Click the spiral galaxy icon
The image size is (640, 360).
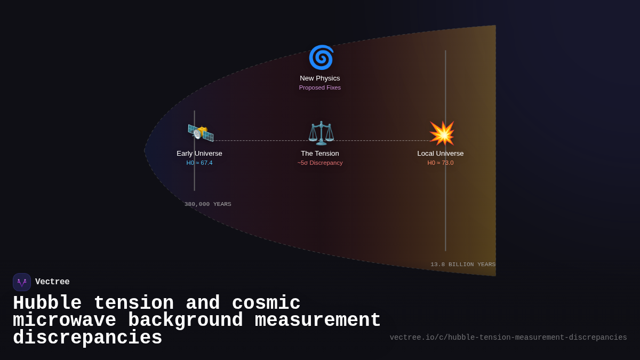(321, 58)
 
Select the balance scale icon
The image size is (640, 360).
(321, 133)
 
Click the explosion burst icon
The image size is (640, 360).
(442, 133)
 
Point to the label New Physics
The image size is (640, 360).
(320, 78)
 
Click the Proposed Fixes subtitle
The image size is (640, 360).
(320, 87)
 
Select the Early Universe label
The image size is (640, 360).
(199, 154)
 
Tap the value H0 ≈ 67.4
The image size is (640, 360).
(199, 163)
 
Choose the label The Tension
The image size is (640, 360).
(320, 154)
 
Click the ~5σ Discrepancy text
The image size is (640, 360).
(320, 163)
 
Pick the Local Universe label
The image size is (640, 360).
(441, 154)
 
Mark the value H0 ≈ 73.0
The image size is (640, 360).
(441, 163)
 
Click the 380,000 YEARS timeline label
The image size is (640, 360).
(208, 204)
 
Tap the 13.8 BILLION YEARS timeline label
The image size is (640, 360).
(463, 265)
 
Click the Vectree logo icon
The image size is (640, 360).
(22, 282)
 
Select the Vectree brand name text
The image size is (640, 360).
(52, 282)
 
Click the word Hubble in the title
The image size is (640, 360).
(47, 303)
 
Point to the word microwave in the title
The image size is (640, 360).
(65, 321)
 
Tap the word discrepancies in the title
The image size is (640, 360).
(87, 338)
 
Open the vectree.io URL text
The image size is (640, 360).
(508, 338)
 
